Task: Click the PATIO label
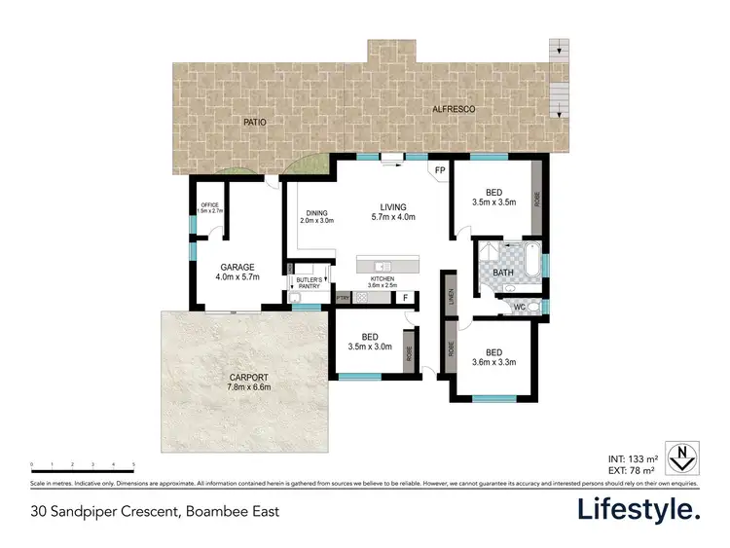pyautogui.click(x=254, y=122)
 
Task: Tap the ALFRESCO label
pyautogui.click(x=454, y=111)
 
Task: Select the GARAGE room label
pyautogui.click(x=237, y=267)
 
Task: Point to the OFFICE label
pyautogui.click(x=210, y=205)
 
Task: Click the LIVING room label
pyautogui.click(x=394, y=206)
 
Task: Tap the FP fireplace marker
pyautogui.click(x=440, y=170)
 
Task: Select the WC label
pyautogui.click(x=520, y=307)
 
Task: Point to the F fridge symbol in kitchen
pyautogui.click(x=405, y=298)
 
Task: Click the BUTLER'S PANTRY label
pyautogui.click(x=309, y=283)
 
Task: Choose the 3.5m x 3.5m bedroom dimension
pyautogui.click(x=493, y=202)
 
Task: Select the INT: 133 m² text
pyautogui.click(x=631, y=457)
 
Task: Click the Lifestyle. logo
pyautogui.click(x=638, y=509)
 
